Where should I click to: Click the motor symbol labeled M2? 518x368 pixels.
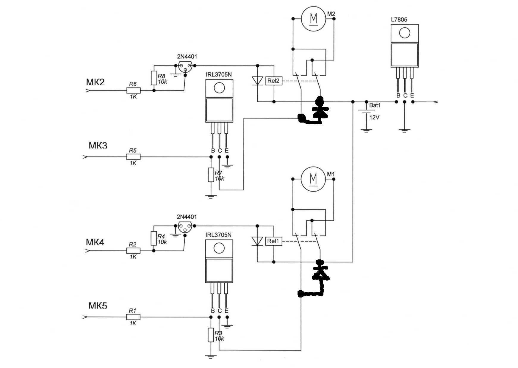click(314, 18)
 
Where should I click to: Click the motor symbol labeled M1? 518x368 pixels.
click(313, 179)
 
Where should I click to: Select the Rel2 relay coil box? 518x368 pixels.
click(273, 81)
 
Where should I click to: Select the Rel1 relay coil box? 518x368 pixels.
click(273, 241)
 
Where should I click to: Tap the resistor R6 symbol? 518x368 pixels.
click(134, 90)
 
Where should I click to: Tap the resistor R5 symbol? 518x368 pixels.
click(134, 157)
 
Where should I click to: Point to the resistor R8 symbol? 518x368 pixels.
click(154, 78)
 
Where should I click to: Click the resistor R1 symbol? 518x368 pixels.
click(133, 317)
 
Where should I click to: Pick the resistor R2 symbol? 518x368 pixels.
click(133, 251)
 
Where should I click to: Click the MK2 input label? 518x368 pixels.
click(95, 82)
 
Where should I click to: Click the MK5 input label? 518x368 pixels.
click(98, 306)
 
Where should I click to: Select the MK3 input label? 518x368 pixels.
click(98, 145)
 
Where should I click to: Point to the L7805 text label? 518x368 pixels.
click(399, 20)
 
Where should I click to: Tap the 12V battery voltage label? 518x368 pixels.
click(374, 118)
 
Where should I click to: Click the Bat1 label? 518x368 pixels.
click(375, 105)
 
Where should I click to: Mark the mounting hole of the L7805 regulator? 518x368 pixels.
click(405, 33)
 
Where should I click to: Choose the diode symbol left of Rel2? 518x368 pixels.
click(257, 81)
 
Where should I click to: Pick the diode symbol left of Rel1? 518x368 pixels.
click(257, 241)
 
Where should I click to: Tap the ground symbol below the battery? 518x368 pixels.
click(366, 130)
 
